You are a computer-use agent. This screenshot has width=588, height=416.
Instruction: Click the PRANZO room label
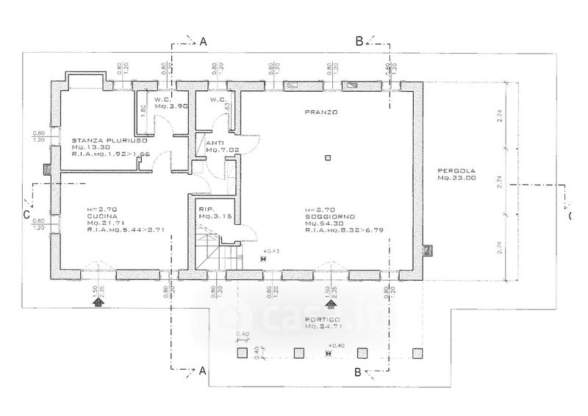(x=321, y=112)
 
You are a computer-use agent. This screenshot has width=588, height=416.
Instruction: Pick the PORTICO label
(x=324, y=319)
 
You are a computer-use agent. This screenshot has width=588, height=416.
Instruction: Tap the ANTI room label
(x=215, y=143)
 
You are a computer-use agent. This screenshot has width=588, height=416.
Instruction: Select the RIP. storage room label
(x=206, y=209)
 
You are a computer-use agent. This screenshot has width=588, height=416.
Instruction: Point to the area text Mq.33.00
(x=456, y=177)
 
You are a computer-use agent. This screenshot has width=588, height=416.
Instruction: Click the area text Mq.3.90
(x=168, y=107)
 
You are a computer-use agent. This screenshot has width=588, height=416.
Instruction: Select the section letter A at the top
(x=204, y=43)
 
